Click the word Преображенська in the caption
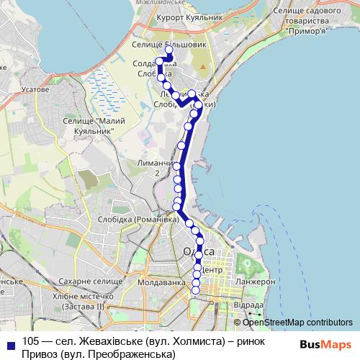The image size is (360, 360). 132,354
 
